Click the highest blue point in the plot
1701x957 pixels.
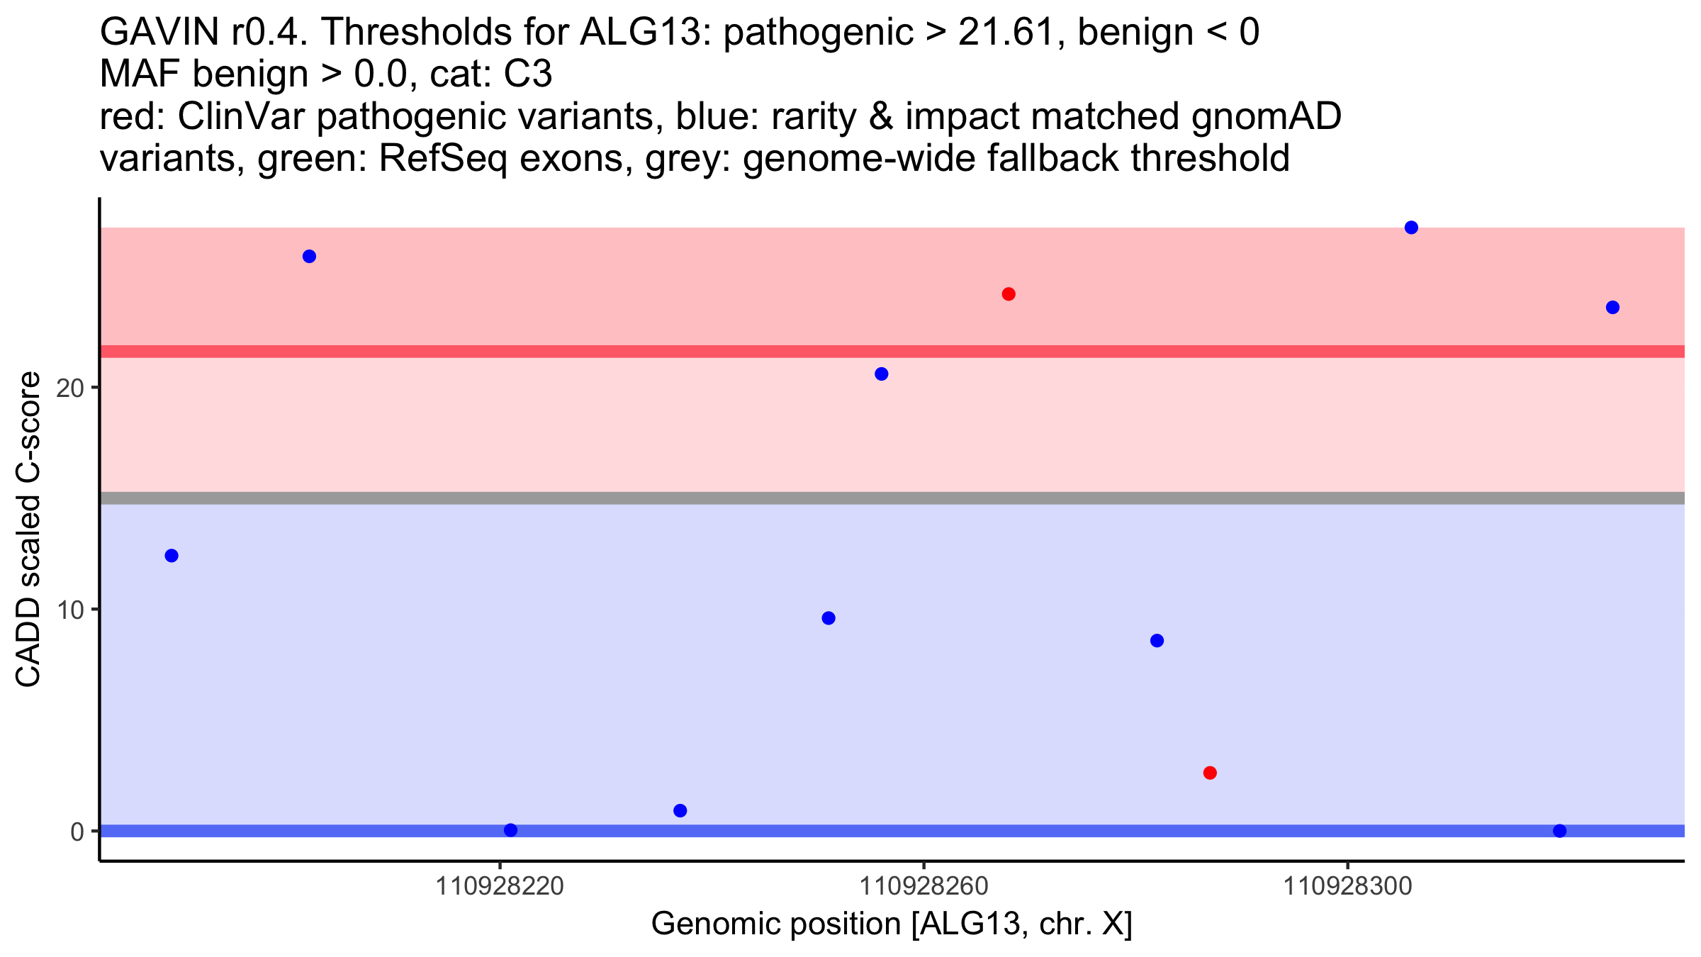pos(1411,228)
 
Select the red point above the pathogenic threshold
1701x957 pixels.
pos(1009,294)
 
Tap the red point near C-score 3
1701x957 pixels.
pos(1210,773)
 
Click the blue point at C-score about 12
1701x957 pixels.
pos(172,556)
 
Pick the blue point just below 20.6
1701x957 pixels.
pos(882,374)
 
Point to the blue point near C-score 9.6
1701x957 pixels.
pos(829,618)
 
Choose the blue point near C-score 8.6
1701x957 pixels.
pos(1157,641)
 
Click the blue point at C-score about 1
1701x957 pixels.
pos(680,810)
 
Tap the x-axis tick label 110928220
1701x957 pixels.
pos(500,886)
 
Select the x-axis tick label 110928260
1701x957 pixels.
pos(924,886)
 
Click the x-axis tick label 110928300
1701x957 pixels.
pos(1347,886)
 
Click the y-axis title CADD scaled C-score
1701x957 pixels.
pos(28,530)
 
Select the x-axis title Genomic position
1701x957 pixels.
pos(891,924)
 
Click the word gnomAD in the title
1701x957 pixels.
pos(1266,116)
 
